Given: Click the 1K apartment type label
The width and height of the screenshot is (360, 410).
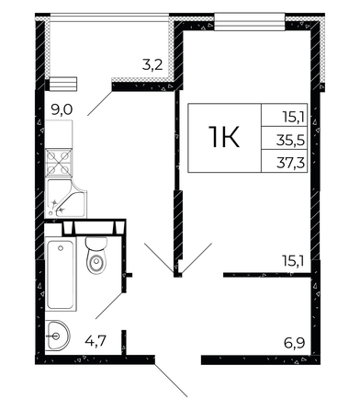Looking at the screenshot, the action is coord(224,138).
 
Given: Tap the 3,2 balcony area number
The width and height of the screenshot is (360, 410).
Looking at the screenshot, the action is coord(152,65).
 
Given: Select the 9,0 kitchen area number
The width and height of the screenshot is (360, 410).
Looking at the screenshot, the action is coord(62,110).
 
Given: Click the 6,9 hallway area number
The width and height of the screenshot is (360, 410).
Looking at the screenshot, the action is coord(295,343).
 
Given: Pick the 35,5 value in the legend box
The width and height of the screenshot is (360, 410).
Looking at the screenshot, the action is coord(290,141).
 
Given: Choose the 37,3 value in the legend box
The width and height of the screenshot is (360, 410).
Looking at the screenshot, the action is coord(290,164).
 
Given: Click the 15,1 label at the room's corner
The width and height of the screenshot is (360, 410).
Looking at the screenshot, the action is coord(293,262).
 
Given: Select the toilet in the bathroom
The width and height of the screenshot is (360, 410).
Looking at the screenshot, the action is coord(96,255).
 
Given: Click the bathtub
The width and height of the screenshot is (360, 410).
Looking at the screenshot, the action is coord(61,274).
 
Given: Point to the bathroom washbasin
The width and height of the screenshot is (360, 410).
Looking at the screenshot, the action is coord(58,336).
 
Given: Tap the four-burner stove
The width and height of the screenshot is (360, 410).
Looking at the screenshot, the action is coord(59,163).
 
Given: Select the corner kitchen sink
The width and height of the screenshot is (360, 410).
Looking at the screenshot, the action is coord(65,199).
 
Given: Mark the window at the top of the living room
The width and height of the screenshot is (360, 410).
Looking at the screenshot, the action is coord(250,21).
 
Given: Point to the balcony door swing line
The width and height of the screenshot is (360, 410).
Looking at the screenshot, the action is coord(100,102).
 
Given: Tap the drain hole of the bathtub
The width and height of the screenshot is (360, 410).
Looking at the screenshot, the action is coord(61,247).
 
